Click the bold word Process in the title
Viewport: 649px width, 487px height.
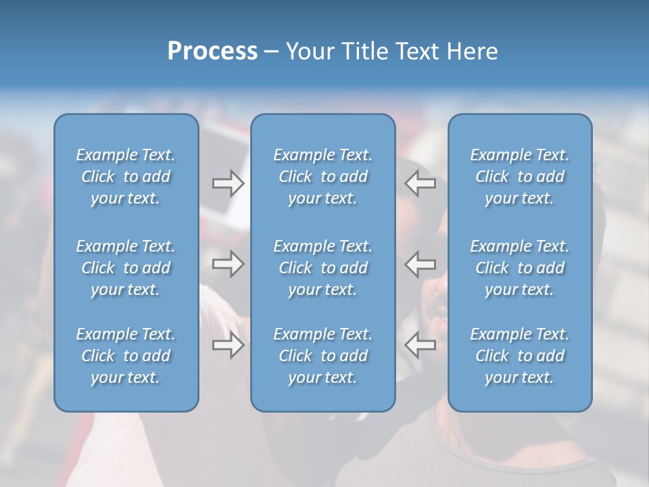[x=212, y=51]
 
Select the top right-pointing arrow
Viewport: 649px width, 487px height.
[x=228, y=183]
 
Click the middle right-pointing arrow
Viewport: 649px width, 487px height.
[x=228, y=264]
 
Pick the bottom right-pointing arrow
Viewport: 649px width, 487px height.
[x=228, y=345]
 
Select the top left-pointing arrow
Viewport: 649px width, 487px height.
[x=420, y=183]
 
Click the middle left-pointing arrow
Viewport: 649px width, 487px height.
[x=420, y=264]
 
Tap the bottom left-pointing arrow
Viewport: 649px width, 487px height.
[x=420, y=345]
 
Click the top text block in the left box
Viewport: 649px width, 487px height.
[x=126, y=177]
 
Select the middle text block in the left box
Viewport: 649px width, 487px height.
[x=126, y=268]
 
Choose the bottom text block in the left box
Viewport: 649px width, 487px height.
[x=126, y=356]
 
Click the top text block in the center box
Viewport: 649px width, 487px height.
[x=322, y=177]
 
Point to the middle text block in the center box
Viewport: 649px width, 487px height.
[x=322, y=268]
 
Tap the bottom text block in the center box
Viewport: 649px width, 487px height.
[x=322, y=356]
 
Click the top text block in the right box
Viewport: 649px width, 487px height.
[x=519, y=177]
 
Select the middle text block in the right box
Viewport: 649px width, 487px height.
[x=519, y=268]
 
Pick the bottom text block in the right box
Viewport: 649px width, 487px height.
[x=519, y=356]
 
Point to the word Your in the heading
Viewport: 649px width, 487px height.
[x=308, y=51]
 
